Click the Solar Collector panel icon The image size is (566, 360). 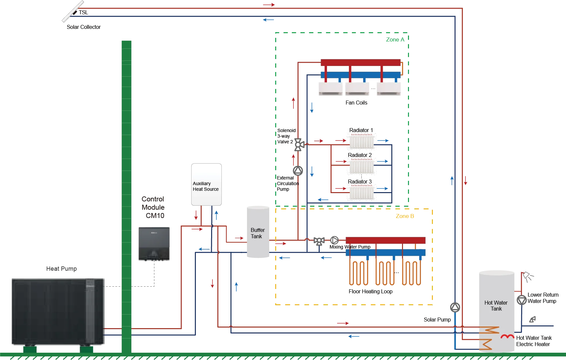point(73,11)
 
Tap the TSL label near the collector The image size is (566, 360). point(83,12)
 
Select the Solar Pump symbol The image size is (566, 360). point(455,307)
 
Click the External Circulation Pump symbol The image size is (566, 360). point(298,171)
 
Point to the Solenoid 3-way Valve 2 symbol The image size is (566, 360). point(299,145)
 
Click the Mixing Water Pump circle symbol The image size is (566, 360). point(334,240)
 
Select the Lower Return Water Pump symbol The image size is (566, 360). point(522,300)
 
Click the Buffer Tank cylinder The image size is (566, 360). point(258,232)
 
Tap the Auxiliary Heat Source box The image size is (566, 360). point(206,184)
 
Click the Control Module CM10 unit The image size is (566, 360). point(154,244)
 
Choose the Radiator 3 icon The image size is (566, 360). point(362,193)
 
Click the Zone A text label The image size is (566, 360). point(395,40)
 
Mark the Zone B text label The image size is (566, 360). point(405,216)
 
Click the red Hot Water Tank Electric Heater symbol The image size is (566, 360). point(507,336)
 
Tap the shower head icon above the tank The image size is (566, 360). point(528,277)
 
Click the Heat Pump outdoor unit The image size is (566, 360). point(58,312)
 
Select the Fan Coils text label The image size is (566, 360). point(356,103)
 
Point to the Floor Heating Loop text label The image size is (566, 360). point(370,292)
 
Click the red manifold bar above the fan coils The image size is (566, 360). point(361,62)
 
